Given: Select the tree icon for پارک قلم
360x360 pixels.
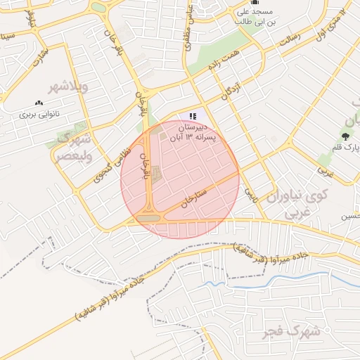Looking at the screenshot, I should click(345, 136).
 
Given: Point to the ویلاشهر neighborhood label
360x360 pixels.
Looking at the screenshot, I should click(67, 87).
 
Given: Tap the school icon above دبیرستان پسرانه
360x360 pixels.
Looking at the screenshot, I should click(193, 116).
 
